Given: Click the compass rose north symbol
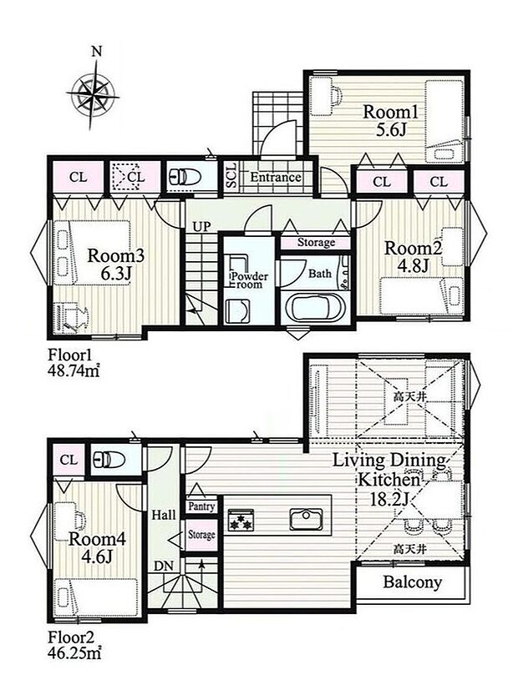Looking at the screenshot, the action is coord(93,93).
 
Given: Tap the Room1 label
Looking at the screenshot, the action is coord(390,112).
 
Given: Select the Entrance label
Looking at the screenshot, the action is coord(276,177).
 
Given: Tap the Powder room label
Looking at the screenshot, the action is coord(249,280).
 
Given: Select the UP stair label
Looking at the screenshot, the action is coord(201,227).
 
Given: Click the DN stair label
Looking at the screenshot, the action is coord(164,565).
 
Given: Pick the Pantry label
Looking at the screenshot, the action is coord(201,506).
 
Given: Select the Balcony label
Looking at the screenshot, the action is coord(413,582).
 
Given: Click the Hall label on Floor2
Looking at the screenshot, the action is coord(164,515).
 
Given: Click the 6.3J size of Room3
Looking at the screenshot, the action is coord(116,274).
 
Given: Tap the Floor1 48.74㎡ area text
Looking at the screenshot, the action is coord(74,363).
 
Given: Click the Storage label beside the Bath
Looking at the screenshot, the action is coord(316,243).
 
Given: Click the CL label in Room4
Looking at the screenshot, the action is coord(69,460).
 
